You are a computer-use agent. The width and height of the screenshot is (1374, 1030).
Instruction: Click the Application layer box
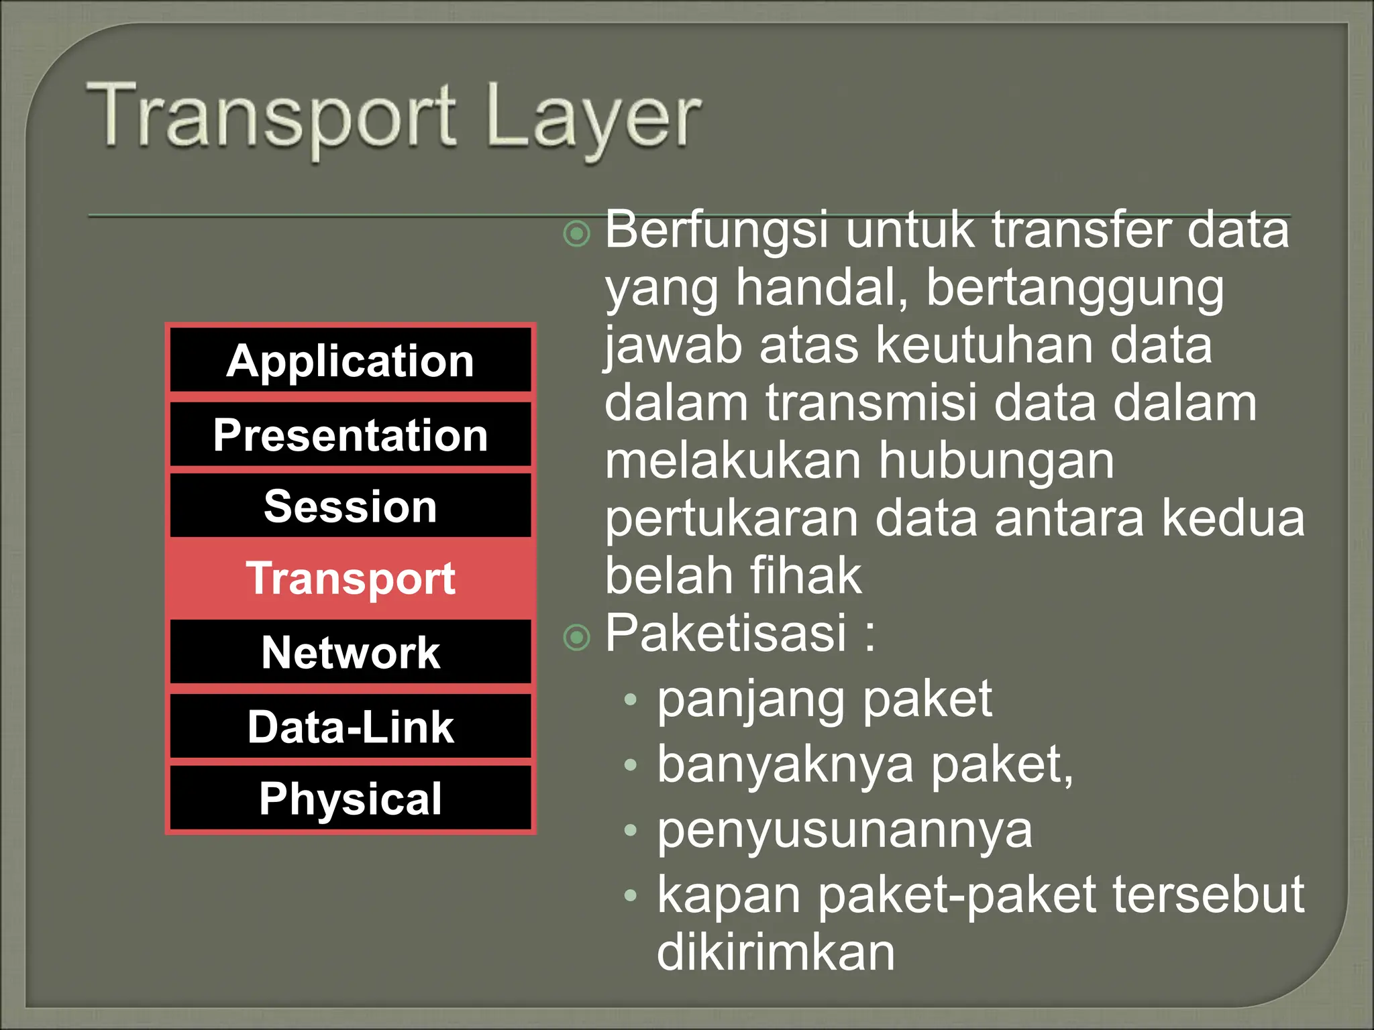(350, 361)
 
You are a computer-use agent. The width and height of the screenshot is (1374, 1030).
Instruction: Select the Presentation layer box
(350, 435)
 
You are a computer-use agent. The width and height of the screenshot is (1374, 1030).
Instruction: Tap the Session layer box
(350, 506)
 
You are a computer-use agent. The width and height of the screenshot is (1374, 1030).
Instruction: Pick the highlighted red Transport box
(350, 578)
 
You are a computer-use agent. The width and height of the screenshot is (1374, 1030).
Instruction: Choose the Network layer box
(350, 652)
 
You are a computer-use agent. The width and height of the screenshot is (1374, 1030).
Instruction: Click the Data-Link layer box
(350, 726)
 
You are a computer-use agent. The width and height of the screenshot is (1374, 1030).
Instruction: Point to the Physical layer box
(350, 798)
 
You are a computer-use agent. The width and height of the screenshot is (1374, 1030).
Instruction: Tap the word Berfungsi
(716, 230)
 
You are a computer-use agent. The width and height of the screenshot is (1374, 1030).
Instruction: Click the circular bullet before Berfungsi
(576, 234)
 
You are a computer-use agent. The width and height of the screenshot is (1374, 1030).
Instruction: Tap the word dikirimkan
(776, 952)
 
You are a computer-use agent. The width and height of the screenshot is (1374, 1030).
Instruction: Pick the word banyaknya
(785, 765)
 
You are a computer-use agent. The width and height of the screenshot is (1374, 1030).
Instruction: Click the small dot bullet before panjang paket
(629, 700)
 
